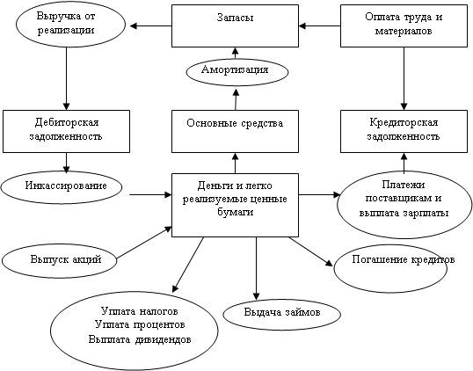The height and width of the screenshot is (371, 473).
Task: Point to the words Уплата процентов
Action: (x=140, y=325)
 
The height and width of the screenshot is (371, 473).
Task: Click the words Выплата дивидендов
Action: (x=140, y=339)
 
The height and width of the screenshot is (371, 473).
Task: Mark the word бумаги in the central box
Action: (x=236, y=212)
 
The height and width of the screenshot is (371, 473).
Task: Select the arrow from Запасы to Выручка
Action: (x=151, y=26)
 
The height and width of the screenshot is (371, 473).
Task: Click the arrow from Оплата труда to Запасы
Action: (x=320, y=26)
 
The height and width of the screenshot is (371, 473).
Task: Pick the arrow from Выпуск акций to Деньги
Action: (x=144, y=243)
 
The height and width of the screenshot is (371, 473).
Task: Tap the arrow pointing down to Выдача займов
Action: (x=256, y=268)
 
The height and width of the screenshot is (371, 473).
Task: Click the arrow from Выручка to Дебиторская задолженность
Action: (x=66, y=78)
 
